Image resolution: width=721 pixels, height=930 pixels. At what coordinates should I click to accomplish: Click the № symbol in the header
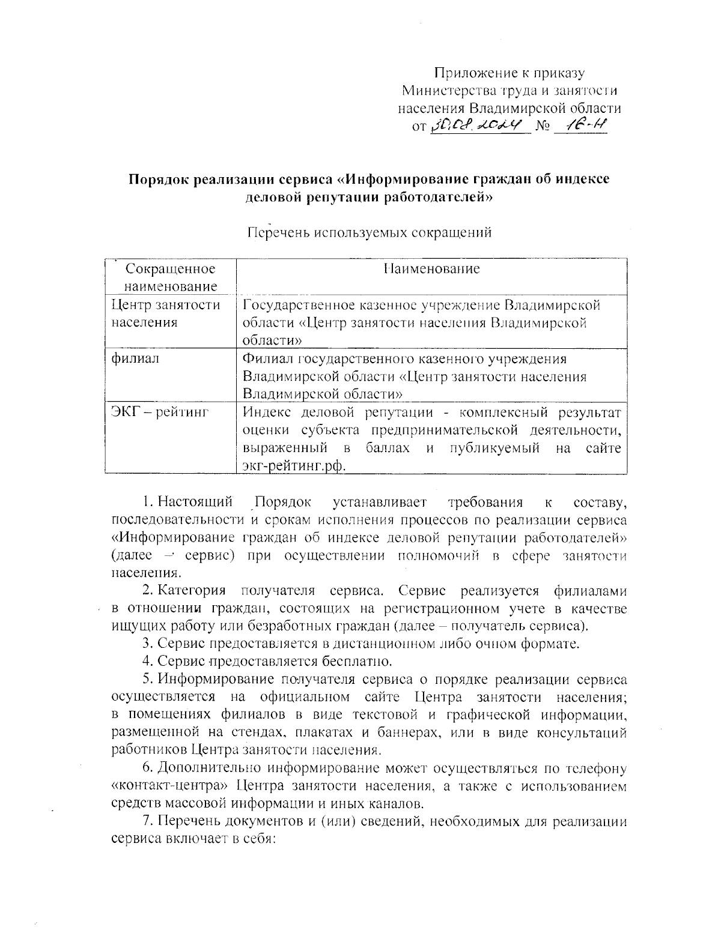pos(543,127)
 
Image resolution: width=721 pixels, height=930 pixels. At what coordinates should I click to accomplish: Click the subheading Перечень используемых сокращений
pos(370,232)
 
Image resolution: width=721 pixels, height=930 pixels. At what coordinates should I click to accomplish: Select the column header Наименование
pos(431,268)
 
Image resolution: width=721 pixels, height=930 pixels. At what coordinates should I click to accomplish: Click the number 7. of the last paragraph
pos(148,821)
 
